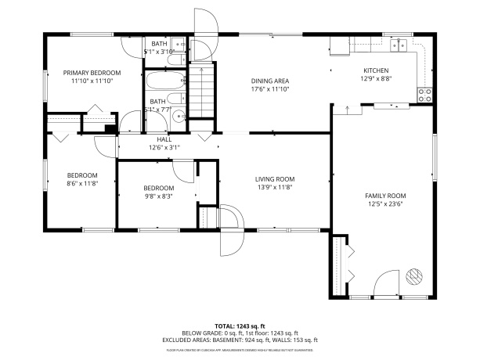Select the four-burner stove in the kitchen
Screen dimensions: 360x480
click(425, 95)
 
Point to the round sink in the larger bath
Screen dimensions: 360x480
click(180, 117)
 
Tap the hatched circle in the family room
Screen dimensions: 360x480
click(413, 278)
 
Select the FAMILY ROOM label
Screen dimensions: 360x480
click(385, 196)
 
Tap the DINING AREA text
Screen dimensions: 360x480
click(270, 81)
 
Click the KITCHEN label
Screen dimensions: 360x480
click(375, 70)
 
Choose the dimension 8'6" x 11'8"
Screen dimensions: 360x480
click(81, 183)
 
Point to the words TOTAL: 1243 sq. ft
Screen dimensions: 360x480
click(240, 326)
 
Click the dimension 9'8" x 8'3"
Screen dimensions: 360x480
click(158, 196)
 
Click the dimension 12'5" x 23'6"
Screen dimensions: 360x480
click(385, 204)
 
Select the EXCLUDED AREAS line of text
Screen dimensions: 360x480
click(240, 340)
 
